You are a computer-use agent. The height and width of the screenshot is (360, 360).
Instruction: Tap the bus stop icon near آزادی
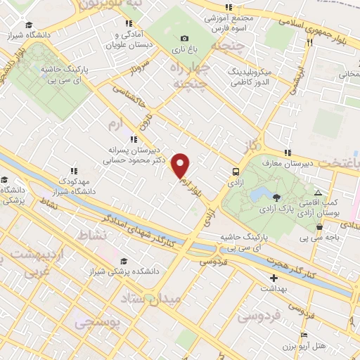(x=236, y=171)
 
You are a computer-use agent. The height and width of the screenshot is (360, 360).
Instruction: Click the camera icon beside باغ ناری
(x=184, y=38)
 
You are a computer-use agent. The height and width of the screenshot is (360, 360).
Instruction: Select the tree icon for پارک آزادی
(x=276, y=198)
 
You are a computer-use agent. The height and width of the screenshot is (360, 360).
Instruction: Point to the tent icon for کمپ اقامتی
(x=319, y=193)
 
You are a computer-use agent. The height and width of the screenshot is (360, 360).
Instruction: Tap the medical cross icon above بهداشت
(x=274, y=278)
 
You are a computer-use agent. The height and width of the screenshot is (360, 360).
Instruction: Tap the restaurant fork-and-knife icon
(x=309, y=41)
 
